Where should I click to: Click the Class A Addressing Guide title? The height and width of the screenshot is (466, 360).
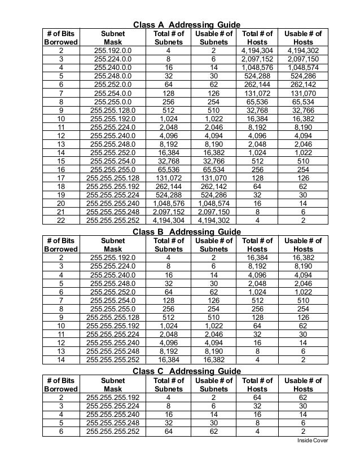pos(186,25)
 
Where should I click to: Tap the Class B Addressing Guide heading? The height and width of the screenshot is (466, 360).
pos(186,232)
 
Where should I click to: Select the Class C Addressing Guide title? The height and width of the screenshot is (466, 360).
pos(186,371)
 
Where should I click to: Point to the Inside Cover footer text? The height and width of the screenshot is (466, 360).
pos(313,441)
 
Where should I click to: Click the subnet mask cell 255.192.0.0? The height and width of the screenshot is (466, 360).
pos(113,51)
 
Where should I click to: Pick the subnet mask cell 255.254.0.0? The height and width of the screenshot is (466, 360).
pos(113,93)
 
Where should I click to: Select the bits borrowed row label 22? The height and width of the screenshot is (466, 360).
pos(61,221)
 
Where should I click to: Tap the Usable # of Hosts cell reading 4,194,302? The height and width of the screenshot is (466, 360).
pos(303,51)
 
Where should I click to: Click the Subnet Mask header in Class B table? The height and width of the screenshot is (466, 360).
pos(113,245)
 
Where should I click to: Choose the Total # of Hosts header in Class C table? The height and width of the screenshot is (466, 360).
pos(257,384)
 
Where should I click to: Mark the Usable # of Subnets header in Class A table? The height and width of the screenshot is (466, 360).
pos(214,38)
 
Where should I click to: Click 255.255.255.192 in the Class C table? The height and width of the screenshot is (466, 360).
pos(113,397)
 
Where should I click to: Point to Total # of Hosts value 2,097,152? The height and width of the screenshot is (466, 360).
pos(257,59)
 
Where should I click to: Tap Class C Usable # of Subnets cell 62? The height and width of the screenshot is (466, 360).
pos(214,431)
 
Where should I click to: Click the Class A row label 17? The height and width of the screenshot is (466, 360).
pos(61,178)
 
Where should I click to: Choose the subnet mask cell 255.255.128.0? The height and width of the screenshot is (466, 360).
pos(113,111)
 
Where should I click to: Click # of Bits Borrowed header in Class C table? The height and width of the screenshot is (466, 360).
pos(61,384)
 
